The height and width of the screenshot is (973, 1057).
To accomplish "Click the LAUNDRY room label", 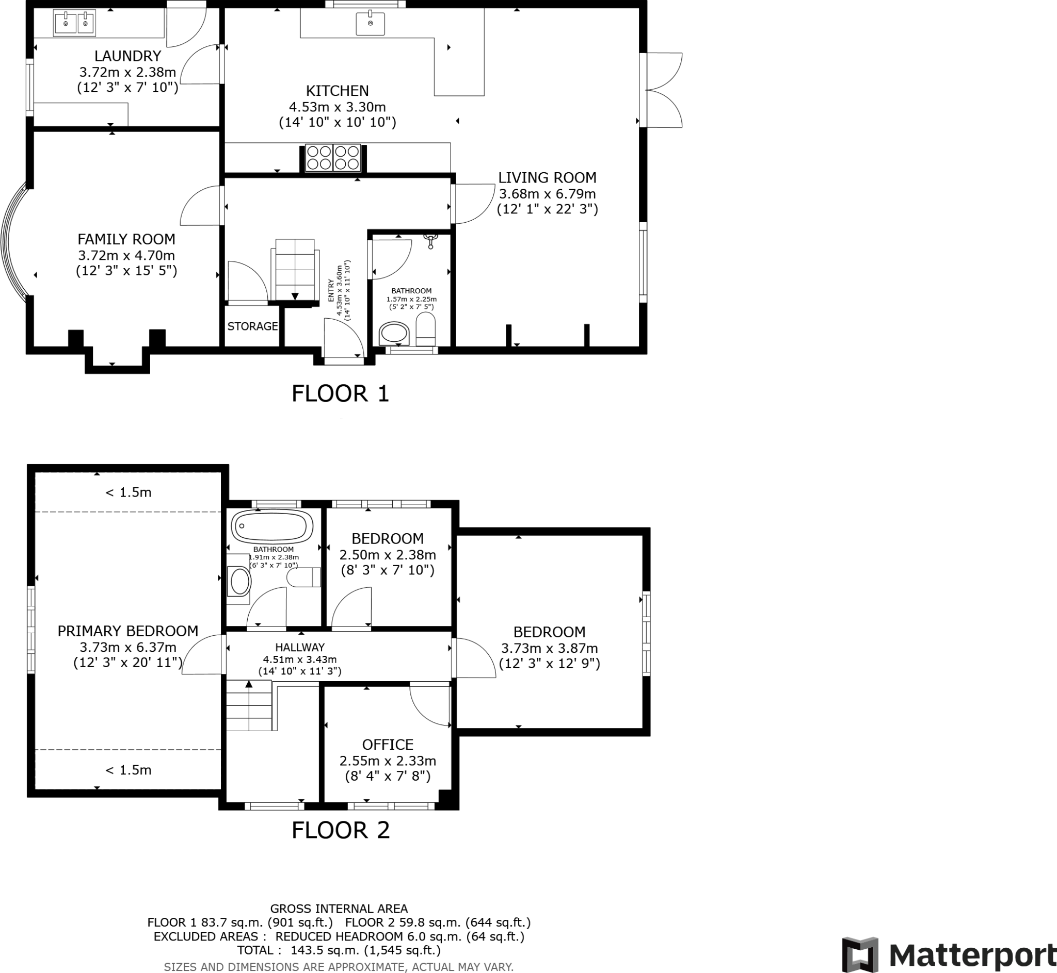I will tap(127, 56).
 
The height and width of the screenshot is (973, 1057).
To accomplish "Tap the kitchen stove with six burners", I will tap(333, 157).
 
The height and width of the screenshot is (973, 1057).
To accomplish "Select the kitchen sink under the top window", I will tap(371, 24).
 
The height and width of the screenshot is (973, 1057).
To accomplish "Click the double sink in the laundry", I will tap(74, 23).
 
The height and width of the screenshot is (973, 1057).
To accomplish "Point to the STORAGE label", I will tap(252, 326).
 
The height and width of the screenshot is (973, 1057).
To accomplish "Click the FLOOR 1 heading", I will tap(341, 394).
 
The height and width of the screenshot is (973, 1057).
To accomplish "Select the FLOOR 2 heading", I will tap(341, 830).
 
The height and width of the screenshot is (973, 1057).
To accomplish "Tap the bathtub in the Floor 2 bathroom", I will tap(274, 526).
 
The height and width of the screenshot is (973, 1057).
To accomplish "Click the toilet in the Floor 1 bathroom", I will tap(426, 328).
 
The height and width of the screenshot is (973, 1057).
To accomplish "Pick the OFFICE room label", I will tap(387, 745).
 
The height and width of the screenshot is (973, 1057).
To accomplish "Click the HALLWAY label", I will tap(300, 647).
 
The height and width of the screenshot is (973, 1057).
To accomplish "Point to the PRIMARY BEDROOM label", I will tap(127, 631).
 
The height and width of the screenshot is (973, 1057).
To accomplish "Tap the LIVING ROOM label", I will tap(548, 178).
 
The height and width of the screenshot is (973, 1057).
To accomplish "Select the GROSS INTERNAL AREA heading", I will tap(339, 909).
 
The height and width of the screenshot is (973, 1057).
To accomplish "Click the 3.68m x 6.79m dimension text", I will tap(548, 194).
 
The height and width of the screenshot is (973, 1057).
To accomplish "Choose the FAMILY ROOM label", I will tap(126, 240).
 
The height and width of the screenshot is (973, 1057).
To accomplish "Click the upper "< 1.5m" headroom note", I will tap(128, 493).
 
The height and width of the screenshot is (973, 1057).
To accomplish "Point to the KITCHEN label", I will tap(337, 91).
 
